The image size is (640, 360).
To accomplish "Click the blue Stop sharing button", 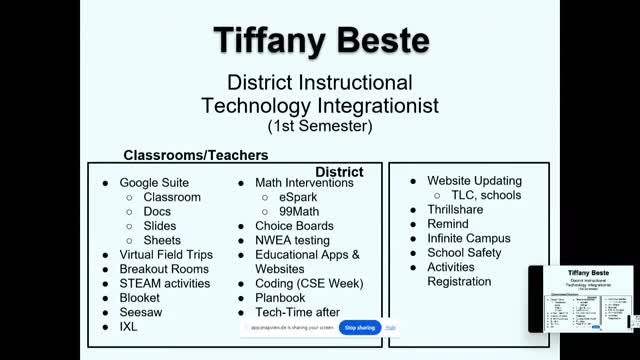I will (x=360, y=328).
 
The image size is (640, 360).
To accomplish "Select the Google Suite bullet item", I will (x=153, y=183).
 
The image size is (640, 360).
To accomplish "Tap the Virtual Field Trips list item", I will (x=166, y=255).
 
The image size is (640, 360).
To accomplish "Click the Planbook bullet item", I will (x=280, y=298).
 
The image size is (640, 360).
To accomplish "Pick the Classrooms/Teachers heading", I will (x=195, y=156).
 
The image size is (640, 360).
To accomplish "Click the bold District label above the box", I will (x=339, y=172).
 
